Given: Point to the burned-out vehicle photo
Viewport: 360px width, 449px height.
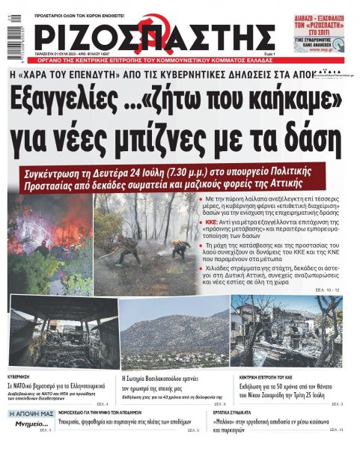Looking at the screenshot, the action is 64,327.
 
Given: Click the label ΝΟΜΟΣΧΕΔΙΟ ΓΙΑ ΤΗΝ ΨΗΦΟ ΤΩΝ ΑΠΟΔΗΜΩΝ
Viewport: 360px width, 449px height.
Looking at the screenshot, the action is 111,413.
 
